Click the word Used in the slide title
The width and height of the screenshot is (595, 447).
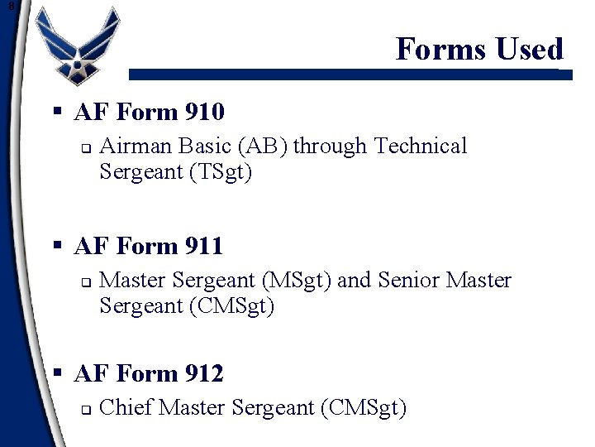(530, 49)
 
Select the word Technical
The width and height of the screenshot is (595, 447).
(421, 147)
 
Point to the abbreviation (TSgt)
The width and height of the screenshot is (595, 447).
(221, 172)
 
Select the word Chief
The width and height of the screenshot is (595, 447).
(125, 408)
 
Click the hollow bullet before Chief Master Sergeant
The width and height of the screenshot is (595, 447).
(84, 409)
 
